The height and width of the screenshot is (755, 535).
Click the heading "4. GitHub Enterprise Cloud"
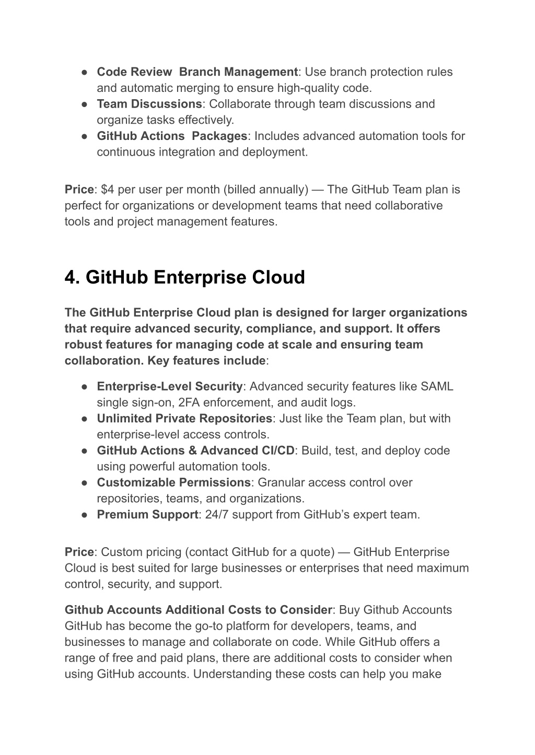coord(184,277)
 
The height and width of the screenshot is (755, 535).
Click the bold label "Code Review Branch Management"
coord(197,72)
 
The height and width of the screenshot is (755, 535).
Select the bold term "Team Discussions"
coord(149,104)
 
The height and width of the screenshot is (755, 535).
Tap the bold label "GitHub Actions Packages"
coord(172,136)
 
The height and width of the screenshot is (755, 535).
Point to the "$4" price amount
coord(108,190)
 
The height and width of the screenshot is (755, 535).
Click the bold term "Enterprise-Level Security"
coord(170,386)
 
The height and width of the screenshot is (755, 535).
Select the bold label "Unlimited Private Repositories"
coord(184,418)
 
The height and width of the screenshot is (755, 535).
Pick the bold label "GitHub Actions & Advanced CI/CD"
coord(195,450)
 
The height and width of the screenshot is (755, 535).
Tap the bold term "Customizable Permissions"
coord(174,482)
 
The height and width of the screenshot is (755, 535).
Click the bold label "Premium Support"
coord(147,514)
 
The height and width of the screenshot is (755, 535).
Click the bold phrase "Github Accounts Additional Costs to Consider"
coord(198,610)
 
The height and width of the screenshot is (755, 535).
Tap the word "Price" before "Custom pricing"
coord(79,552)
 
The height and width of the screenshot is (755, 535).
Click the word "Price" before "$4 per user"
coord(79,190)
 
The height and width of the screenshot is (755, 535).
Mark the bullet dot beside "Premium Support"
coord(84,515)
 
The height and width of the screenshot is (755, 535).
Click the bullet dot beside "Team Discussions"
coord(84,104)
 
